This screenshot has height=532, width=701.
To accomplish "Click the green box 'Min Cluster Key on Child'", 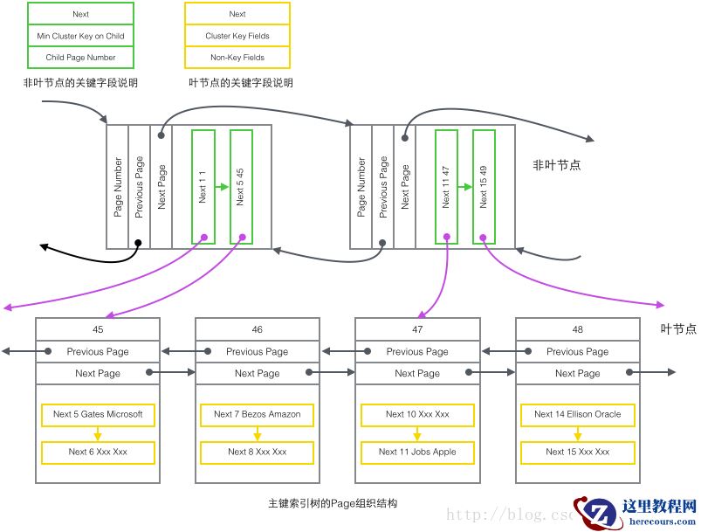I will (80, 37).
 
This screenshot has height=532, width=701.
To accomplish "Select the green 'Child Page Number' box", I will (80, 58).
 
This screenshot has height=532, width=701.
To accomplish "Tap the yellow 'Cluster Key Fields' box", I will (237, 37).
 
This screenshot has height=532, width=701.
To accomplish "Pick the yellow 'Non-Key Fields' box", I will (237, 58).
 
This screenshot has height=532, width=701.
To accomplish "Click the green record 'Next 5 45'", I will (241, 187).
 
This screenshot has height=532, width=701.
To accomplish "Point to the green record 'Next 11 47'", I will (446, 187).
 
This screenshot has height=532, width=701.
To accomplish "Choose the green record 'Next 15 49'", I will (485, 187).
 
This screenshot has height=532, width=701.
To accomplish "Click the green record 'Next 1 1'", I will (203, 187).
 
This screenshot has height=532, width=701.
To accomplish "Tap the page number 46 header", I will (257, 329).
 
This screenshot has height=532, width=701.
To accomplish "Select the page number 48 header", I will (578, 329).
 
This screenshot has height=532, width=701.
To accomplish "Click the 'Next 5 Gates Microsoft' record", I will (98, 414).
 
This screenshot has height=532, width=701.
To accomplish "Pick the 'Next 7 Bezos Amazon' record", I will (257, 414).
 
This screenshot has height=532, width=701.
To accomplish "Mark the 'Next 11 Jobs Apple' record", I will (417, 453).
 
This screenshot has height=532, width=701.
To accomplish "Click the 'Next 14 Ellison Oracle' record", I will (578, 414).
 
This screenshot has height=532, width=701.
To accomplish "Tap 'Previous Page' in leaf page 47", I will (417, 352).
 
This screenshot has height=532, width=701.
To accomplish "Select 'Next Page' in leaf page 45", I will (98, 373).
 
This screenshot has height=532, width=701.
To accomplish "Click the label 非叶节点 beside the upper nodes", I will (556, 164).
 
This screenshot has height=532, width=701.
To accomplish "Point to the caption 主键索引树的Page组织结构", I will (333, 504).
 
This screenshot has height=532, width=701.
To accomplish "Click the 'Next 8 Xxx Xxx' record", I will (257, 453).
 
